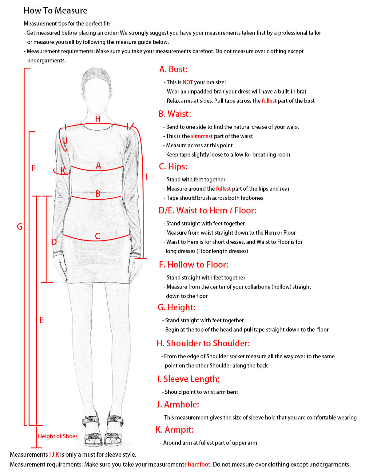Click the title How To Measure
[x=55, y=11]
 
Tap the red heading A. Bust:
[x=173, y=69]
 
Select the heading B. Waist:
[x=175, y=114]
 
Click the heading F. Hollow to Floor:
[x=193, y=264]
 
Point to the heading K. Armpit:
[x=174, y=430]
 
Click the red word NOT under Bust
[x=188, y=82]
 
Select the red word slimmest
[x=202, y=136]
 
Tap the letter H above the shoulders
[x=98, y=119]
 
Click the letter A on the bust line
[x=98, y=165]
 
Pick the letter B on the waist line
[x=98, y=194]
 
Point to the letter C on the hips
[x=97, y=236]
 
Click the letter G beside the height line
[x=20, y=227]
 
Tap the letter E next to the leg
[x=42, y=320]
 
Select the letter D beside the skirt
[x=54, y=242]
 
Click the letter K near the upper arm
[x=63, y=170]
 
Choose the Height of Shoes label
[x=58, y=436]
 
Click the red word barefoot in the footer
[x=199, y=464]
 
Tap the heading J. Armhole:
[x=178, y=404]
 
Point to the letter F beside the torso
[x=34, y=168]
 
